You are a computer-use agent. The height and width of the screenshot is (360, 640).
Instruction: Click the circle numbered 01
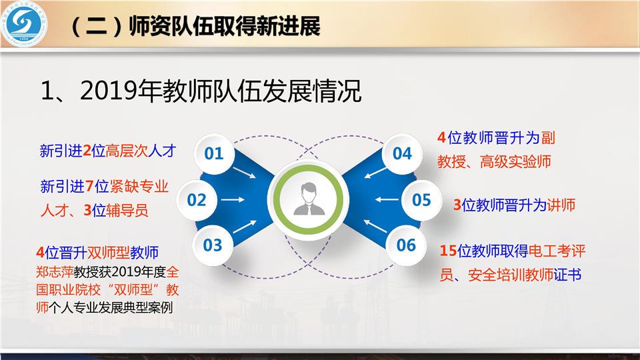pos(214,153)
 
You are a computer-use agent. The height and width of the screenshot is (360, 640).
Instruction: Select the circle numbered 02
pos(197,200)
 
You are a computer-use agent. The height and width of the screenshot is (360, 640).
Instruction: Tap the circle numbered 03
pos(213,245)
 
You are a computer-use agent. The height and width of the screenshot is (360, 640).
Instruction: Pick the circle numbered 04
pos(402,153)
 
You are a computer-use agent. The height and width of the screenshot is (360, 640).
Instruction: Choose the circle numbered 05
pos(421,200)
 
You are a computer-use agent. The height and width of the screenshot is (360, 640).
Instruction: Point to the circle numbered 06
pos(406,245)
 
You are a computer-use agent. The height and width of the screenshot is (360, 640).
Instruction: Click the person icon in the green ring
pos(309,199)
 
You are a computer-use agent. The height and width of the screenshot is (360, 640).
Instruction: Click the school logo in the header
pos(24,24)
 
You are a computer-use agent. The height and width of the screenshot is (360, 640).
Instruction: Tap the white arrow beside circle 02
pos(233,200)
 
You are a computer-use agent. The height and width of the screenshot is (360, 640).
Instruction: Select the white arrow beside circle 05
pos(387,200)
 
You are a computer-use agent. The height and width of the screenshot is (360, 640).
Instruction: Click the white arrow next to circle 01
pos(244,173)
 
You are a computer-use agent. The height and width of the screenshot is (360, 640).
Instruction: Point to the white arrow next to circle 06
pos(375,226)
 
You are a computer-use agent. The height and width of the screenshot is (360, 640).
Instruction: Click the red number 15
pos(448,251)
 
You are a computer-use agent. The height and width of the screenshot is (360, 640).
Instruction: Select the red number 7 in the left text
pos(89,187)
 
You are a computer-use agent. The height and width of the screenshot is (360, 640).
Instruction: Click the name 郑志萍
pos(55,272)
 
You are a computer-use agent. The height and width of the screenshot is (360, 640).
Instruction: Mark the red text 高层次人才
pos(141,151)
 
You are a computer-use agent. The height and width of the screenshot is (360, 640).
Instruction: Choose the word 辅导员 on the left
pos(127,211)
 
